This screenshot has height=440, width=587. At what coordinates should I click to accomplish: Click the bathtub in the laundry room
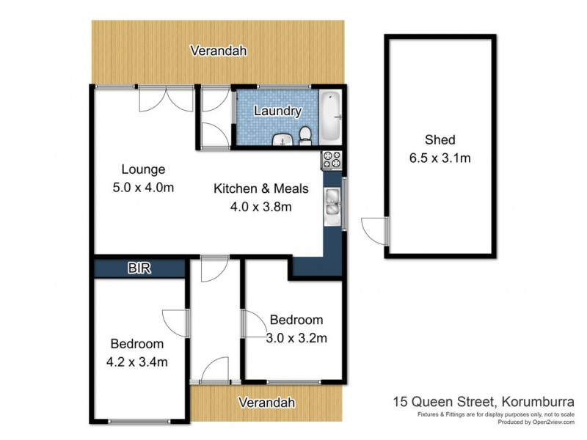(331, 117)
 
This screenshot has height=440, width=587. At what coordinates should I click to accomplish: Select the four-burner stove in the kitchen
(330, 158)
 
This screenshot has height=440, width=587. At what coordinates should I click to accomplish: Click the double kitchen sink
(332, 202)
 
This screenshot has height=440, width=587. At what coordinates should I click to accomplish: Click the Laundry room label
(277, 111)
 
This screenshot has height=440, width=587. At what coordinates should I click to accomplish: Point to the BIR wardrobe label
(139, 268)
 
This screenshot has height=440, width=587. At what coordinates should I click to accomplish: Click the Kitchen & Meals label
(260, 189)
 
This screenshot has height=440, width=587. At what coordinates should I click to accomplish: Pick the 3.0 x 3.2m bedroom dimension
(296, 338)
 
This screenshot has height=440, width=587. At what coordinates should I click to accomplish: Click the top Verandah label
(217, 51)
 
